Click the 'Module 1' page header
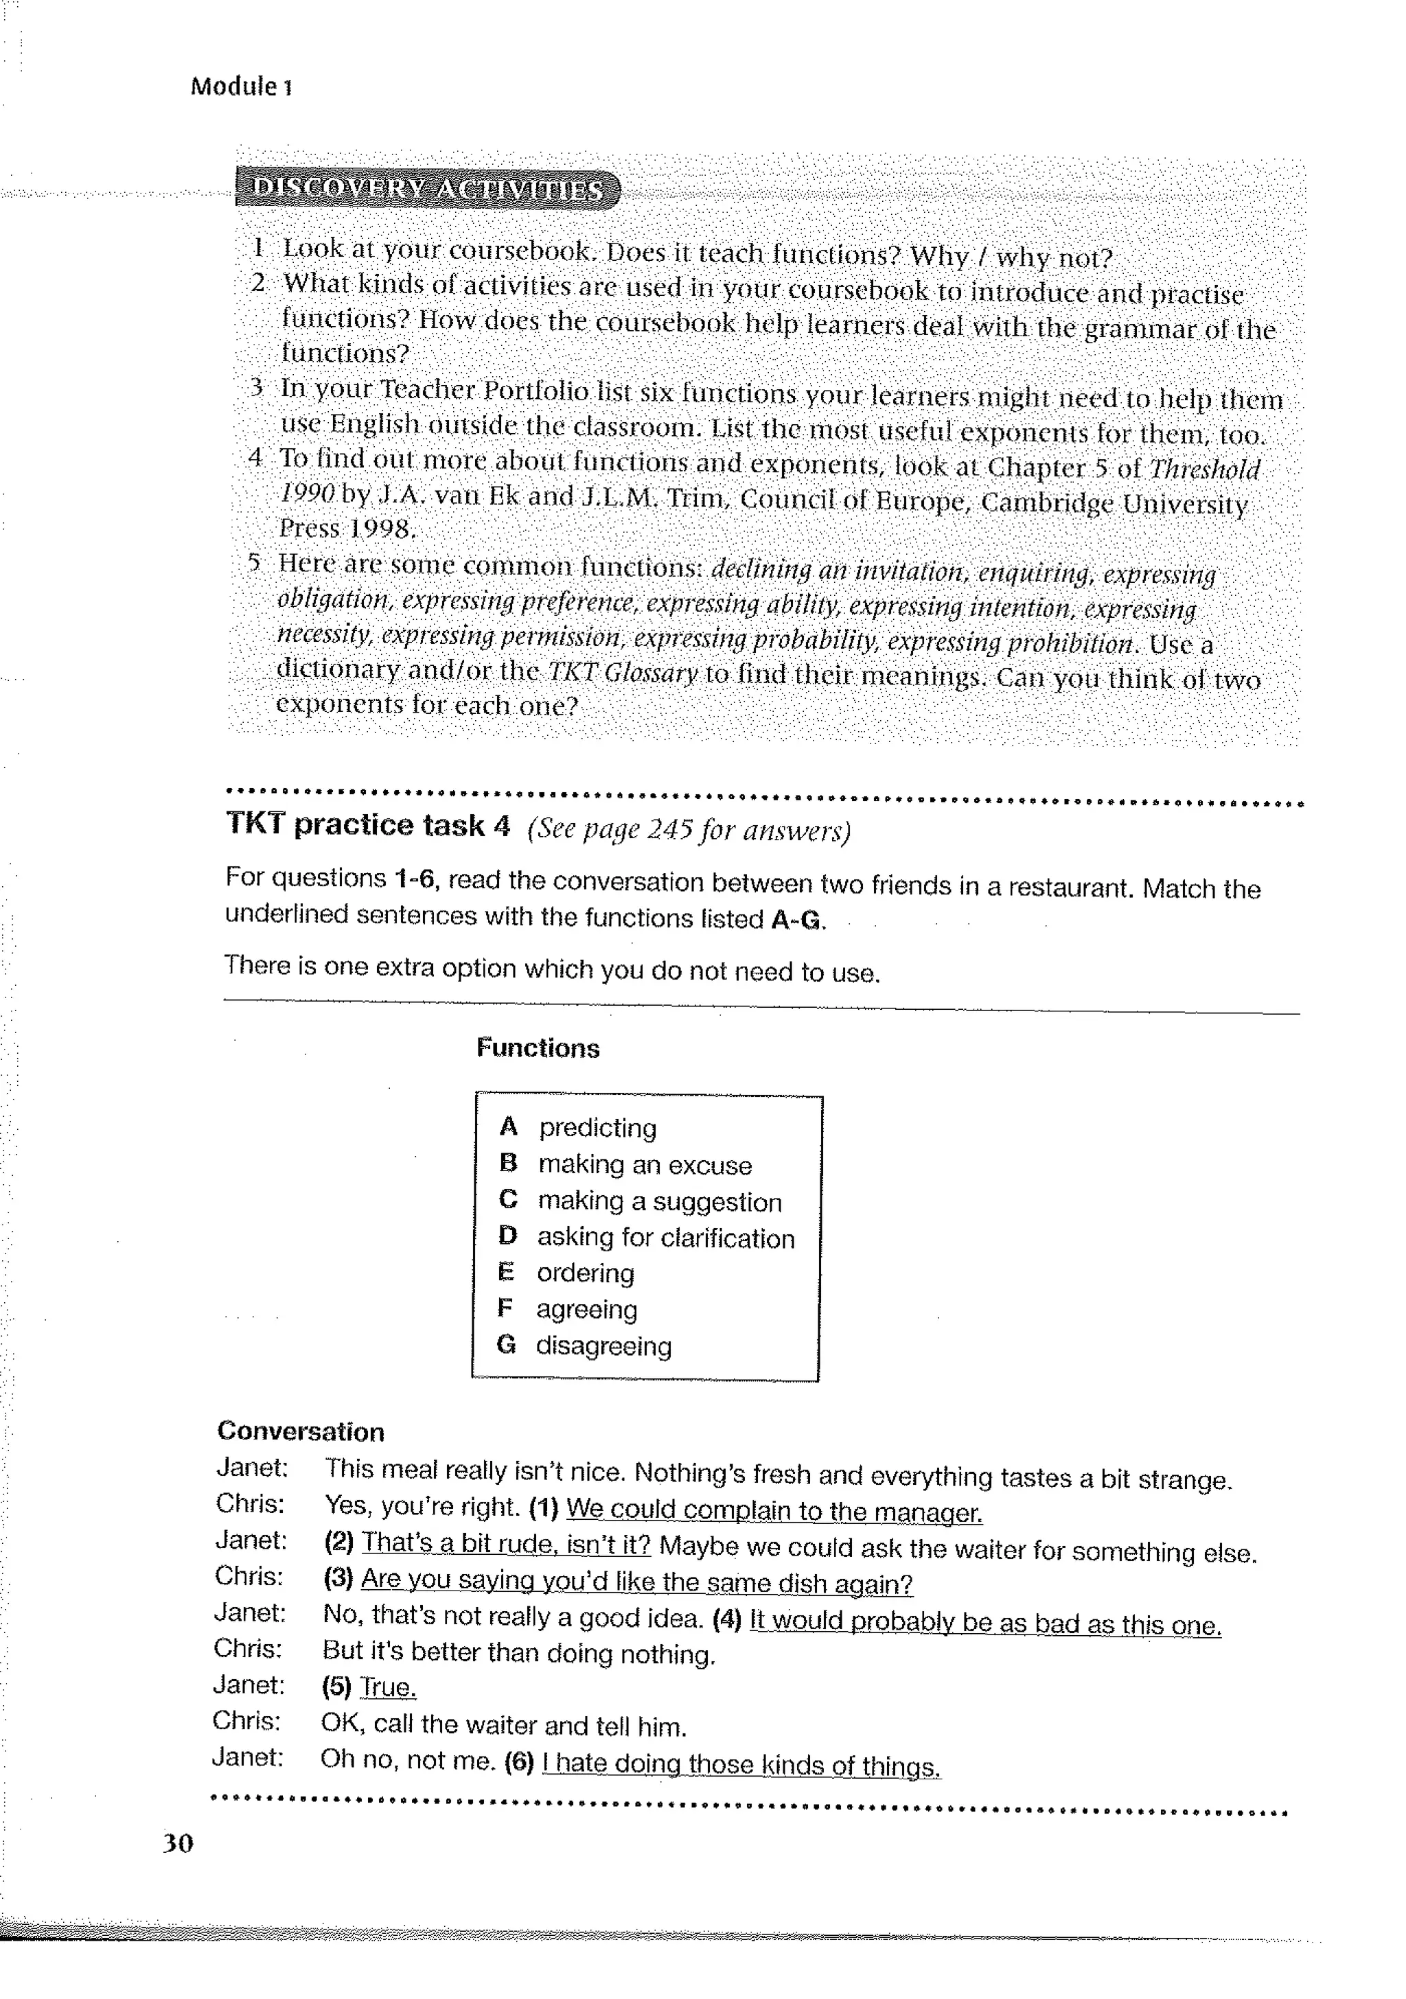[x=241, y=86]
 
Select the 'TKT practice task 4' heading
[x=367, y=824]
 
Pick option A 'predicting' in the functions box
[x=597, y=1127]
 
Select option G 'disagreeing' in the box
[x=603, y=1345]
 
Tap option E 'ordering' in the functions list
[x=585, y=1273]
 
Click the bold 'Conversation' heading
[x=300, y=1431]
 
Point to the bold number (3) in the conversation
[x=338, y=1577]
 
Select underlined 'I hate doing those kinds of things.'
[x=741, y=1765]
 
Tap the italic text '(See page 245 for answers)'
[x=688, y=830]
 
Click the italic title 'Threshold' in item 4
[x=1204, y=470]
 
